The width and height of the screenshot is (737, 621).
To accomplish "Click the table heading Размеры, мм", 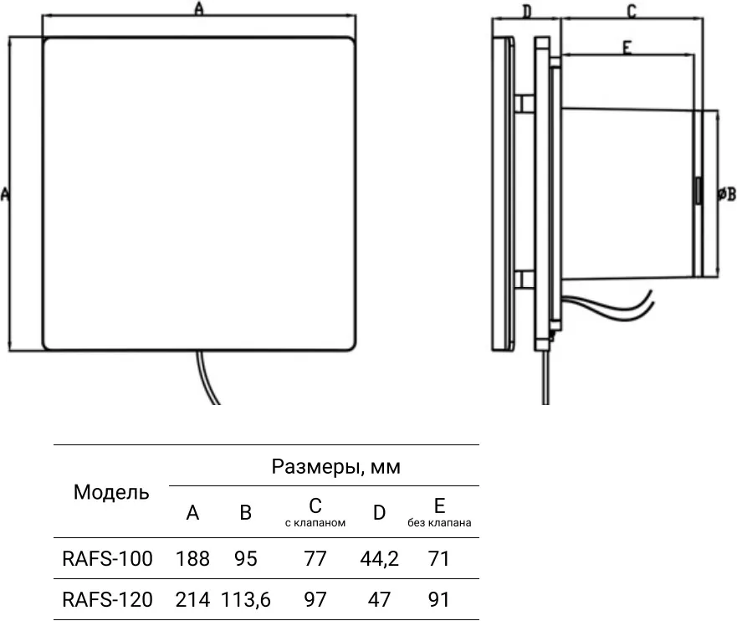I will click(x=335, y=467).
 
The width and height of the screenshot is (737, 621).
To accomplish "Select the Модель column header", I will click(x=111, y=492).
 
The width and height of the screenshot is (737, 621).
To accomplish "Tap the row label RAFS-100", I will click(x=108, y=558).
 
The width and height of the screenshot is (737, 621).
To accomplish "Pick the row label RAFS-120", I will click(x=108, y=599).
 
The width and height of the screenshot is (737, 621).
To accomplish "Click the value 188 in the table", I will click(x=192, y=558).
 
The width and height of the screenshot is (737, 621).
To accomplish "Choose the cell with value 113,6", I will click(x=246, y=599).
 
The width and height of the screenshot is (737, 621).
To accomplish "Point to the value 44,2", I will click(x=379, y=558).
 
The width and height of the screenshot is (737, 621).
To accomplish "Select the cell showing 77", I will click(x=315, y=558).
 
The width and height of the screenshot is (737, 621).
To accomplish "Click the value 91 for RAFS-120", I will click(x=438, y=599).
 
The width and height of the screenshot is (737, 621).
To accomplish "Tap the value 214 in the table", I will click(x=192, y=599).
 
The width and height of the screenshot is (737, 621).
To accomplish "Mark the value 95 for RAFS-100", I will click(x=246, y=558).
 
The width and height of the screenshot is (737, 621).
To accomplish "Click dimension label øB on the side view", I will click(x=726, y=195).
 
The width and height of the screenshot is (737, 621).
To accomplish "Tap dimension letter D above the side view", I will click(x=526, y=11).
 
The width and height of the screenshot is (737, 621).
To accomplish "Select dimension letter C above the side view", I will click(x=632, y=11).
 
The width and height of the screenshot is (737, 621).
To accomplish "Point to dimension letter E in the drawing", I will click(x=626, y=48).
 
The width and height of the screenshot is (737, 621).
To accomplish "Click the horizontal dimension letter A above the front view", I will click(x=198, y=9).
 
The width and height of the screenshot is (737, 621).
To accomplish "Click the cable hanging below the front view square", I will click(x=205, y=381).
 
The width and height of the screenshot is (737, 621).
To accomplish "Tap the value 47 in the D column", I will click(x=379, y=599).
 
